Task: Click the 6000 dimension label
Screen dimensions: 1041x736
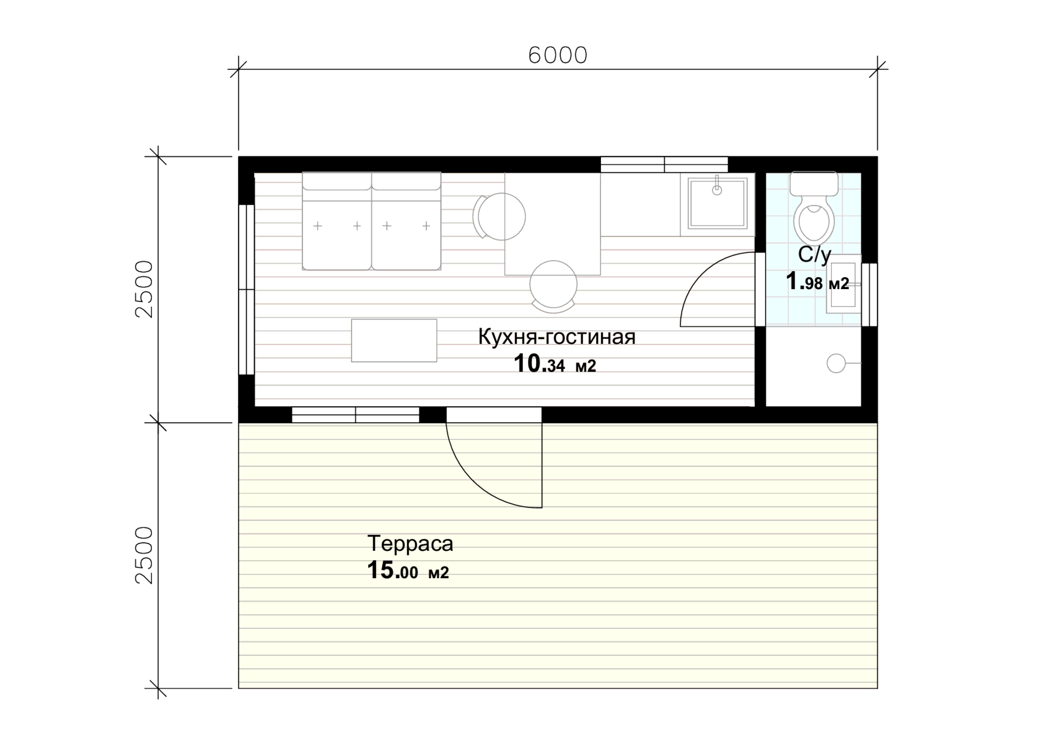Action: (x=558, y=55)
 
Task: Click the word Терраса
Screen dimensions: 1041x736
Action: (x=410, y=543)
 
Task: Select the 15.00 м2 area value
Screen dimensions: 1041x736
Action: (x=408, y=571)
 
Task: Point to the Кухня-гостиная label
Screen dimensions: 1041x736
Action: (x=556, y=337)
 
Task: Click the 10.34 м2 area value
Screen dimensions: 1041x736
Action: (x=555, y=364)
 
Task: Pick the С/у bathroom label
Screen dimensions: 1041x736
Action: (x=814, y=255)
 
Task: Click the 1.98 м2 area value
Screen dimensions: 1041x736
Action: (x=817, y=282)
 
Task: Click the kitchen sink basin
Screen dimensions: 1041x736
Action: (x=717, y=204)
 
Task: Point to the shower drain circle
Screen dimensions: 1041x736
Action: (x=836, y=363)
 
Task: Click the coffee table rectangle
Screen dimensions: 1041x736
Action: (x=394, y=340)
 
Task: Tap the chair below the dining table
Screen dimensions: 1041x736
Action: (x=553, y=286)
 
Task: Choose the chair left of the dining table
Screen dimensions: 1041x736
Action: (x=499, y=217)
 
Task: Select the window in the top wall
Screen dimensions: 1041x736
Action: (x=664, y=165)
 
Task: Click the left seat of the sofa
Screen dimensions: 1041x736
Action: (x=337, y=221)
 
